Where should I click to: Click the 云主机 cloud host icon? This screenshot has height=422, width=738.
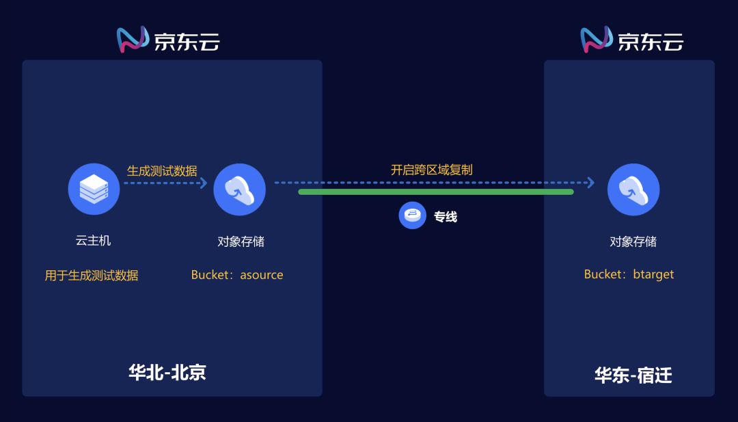[x=94, y=189]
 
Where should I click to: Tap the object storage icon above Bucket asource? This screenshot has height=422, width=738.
[x=239, y=189]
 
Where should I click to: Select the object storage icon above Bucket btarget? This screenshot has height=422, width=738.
[x=633, y=189]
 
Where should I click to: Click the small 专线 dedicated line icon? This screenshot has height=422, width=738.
[x=412, y=216]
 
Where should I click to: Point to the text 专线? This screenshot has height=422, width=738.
[x=446, y=217]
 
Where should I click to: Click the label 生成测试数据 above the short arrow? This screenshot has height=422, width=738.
[x=162, y=171]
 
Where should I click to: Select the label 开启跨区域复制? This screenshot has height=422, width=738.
[x=431, y=170]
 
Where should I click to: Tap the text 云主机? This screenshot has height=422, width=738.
[x=93, y=240]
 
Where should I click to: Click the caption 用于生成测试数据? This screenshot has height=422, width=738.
[x=92, y=276]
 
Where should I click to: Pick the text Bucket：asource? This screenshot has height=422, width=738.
[x=237, y=275]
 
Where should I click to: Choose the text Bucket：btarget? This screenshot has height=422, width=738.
[x=629, y=274]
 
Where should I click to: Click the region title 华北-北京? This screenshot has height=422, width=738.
[x=167, y=372]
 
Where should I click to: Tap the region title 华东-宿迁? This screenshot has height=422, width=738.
[x=633, y=375]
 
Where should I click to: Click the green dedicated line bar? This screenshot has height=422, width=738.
[x=435, y=192]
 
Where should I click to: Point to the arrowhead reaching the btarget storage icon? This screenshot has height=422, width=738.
[x=590, y=183]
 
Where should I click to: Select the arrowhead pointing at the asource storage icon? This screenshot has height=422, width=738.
[x=203, y=183]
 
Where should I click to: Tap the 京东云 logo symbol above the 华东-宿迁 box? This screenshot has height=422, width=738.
[x=597, y=40]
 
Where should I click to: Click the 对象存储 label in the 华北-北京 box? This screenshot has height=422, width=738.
[x=241, y=241]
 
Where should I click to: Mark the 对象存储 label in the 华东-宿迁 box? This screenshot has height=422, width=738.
[x=633, y=241]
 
